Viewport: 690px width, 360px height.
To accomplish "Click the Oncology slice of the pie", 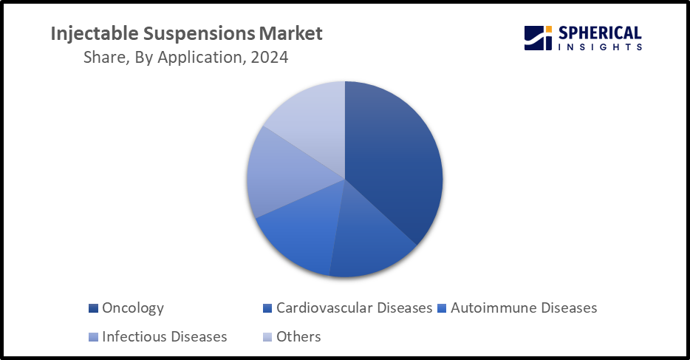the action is click(392, 163).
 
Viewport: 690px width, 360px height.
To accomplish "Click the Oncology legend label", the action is click(132, 308).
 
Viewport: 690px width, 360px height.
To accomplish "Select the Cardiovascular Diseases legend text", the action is click(355, 308).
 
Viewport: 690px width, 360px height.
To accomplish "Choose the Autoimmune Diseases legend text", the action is click(524, 308).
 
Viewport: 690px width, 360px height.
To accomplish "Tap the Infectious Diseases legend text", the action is click(165, 336).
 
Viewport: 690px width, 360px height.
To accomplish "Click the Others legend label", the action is click(298, 336).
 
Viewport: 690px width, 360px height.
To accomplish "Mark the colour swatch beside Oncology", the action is click(93, 308).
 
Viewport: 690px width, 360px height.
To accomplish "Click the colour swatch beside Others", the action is click(267, 337).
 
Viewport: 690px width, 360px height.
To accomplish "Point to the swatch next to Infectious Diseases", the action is click(93, 337).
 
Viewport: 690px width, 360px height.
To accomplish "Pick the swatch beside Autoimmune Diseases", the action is click(442, 308).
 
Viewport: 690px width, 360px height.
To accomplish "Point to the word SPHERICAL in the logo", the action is click(600, 33).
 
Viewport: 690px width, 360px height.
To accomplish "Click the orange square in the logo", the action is click(549, 29).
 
